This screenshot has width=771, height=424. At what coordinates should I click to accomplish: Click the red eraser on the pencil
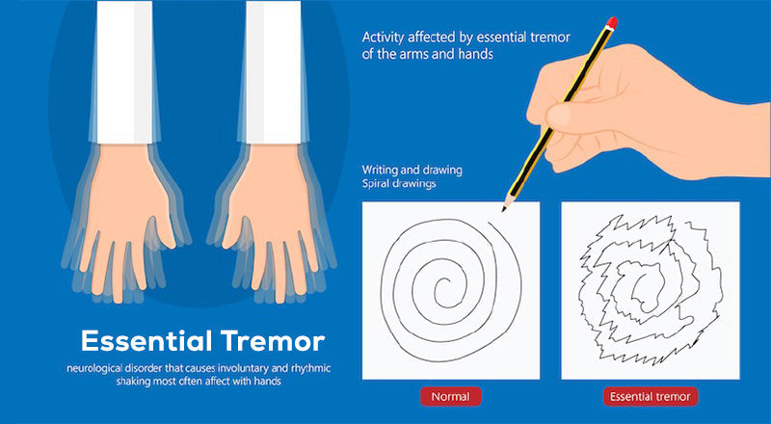[612, 22]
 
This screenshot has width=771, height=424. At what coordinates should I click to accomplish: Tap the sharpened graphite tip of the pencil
[503, 209]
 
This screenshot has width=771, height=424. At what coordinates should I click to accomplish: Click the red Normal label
[450, 396]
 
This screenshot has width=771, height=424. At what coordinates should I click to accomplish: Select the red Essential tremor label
[650, 396]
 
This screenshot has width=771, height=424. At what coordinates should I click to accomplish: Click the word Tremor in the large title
[273, 341]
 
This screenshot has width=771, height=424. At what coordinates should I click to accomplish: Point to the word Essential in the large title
[147, 341]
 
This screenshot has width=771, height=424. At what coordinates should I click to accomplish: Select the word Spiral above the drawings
[375, 184]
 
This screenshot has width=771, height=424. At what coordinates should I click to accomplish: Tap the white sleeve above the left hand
[125, 72]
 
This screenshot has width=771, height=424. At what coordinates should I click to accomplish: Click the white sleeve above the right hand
[274, 72]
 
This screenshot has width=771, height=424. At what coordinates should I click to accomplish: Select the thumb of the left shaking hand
[164, 227]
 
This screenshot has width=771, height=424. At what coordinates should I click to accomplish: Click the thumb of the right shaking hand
[233, 227]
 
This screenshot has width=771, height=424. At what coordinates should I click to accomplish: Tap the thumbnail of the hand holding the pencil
[558, 115]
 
